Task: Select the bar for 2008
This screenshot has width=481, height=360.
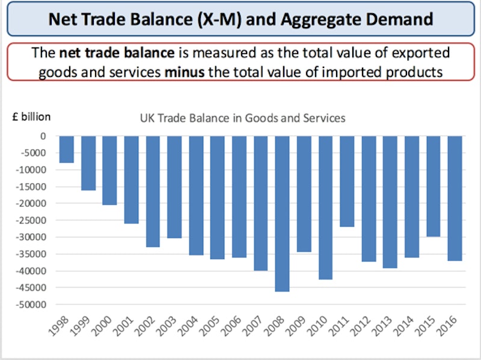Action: [283, 213]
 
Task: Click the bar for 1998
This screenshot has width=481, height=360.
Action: [67, 149]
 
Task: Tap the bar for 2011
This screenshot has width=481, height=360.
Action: [347, 181]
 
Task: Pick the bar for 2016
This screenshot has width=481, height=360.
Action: [455, 198]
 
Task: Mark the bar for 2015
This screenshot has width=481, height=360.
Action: [433, 186]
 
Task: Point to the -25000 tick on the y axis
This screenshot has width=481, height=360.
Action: [34, 221]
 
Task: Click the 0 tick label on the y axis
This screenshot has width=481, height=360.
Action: [43, 136]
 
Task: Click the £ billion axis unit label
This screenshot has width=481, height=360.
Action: [32, 117]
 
